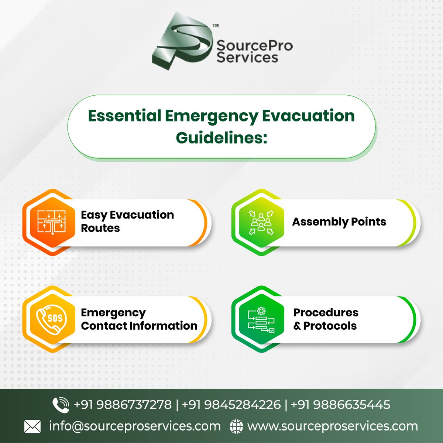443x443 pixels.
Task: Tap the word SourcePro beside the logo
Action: pos(254,46)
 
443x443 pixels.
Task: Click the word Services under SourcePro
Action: pos(247,57)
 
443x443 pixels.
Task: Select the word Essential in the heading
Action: pos(124,116)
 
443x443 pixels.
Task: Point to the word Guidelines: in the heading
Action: pos(221,138)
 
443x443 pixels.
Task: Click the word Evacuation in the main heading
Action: pos(308,116)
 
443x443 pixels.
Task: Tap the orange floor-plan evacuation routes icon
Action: pos(52,222)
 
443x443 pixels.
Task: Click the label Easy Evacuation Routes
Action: pos(127,221)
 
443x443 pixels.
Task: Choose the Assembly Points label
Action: pos(339,221)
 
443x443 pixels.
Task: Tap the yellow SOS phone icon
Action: pos(52,318)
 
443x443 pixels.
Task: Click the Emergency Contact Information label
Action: pos(139,319)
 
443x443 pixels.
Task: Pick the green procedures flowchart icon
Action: pos(261,319)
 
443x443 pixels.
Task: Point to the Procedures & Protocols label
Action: pos(326,319)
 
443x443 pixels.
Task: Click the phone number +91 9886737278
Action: pos(123,405)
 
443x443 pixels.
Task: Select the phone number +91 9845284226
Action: pos(231,405)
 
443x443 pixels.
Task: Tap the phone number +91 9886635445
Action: pos(340,405)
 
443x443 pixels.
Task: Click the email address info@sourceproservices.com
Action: pos(135,426)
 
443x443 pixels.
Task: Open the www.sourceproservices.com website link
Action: pos(332,426)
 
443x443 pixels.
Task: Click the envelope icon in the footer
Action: pos(32,427)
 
